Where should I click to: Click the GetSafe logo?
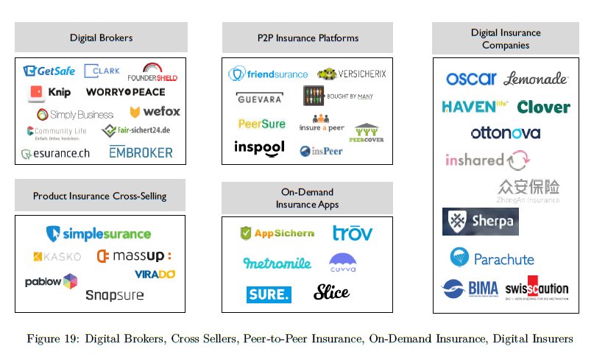tap(49, 71)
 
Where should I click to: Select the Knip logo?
tap(49, 93)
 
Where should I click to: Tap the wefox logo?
tap(155, 112)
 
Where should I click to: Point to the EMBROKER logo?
tap(141, 152)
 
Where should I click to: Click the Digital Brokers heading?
tap(100, 37)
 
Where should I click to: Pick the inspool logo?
tap(259, 147)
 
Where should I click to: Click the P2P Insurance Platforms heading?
tap(308, 37)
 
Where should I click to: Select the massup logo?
tap(134, 256)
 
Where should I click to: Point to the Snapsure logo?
tap(114, 295)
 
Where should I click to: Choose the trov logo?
tap(353, 233)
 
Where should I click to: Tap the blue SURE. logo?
tap(269, 294)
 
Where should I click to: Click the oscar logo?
tap(471, 79)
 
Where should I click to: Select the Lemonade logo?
tap(536, 79)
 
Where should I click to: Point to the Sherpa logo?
tap(480, 222)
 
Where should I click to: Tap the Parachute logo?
tap(492, 258)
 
